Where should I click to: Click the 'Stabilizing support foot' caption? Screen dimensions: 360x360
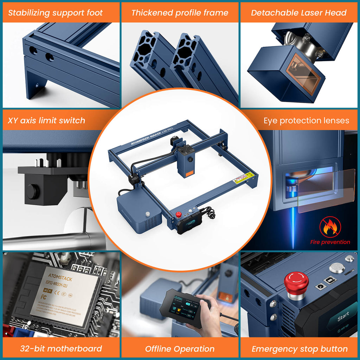click(x=55, y=13)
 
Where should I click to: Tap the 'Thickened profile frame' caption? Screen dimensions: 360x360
click(x=180, y=13)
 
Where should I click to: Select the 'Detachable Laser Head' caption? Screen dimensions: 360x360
click(x=298, y=13)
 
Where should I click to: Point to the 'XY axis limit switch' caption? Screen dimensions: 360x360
click(x=46, y=121)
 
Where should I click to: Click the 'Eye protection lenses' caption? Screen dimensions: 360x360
click(x=306, y=121)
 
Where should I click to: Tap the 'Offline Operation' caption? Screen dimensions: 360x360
click(x=180, y=349)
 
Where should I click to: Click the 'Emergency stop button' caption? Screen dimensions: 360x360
click(x=300, y=349)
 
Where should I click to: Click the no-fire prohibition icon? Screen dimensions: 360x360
click(x=330, y=227)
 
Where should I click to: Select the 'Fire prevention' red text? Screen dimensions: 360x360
click(x=330, y=242)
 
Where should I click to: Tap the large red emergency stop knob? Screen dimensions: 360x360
click(x=296, y=283)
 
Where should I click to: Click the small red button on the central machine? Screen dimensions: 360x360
click(x=179, y=214)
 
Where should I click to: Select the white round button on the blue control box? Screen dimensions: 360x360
click(x=147, y=214)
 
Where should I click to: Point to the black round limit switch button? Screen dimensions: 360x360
click(x=33, y=191)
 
